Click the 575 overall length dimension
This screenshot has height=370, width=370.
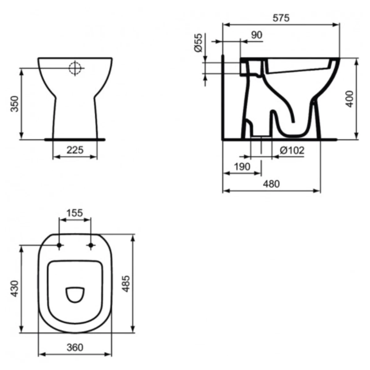point(281,18)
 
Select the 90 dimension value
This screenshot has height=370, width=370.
point(257,35)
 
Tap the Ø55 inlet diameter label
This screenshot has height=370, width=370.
point(198,43)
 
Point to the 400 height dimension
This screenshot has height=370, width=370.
point(349,99)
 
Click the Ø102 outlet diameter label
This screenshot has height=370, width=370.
point(292,150)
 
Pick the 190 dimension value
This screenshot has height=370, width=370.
point(242,167)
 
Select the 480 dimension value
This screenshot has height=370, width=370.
point(271,184)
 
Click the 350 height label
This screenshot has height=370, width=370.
point(14,104)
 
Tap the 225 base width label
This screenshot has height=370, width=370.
point(75,150)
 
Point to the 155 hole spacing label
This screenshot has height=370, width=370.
point(75,213)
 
